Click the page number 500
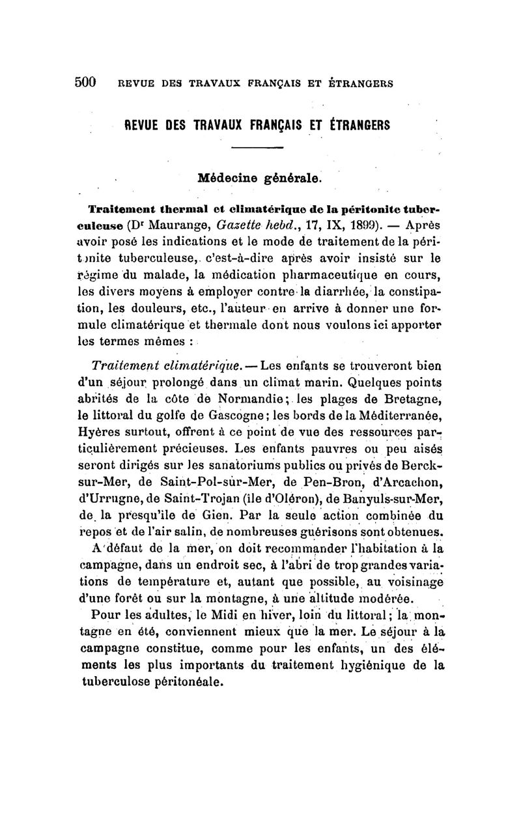click(x=85, y=82)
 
